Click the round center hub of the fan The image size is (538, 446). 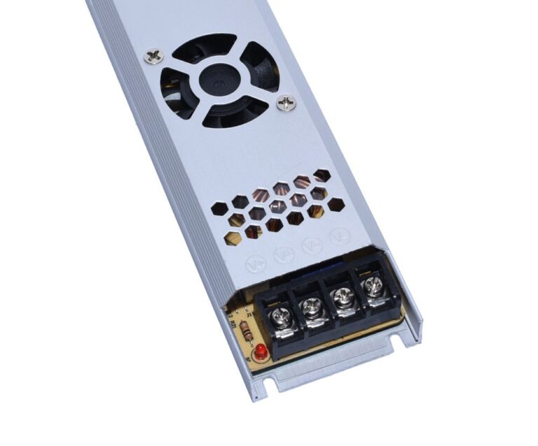(x=219, y=79)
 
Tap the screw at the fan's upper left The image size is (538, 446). (x=154, y=55)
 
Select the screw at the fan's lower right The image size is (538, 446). (x=285, y=104)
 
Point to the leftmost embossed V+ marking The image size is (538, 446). (x=256, y=264)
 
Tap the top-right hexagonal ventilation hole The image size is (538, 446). (x=322, y=174)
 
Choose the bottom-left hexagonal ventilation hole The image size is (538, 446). (x=232, y=238)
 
